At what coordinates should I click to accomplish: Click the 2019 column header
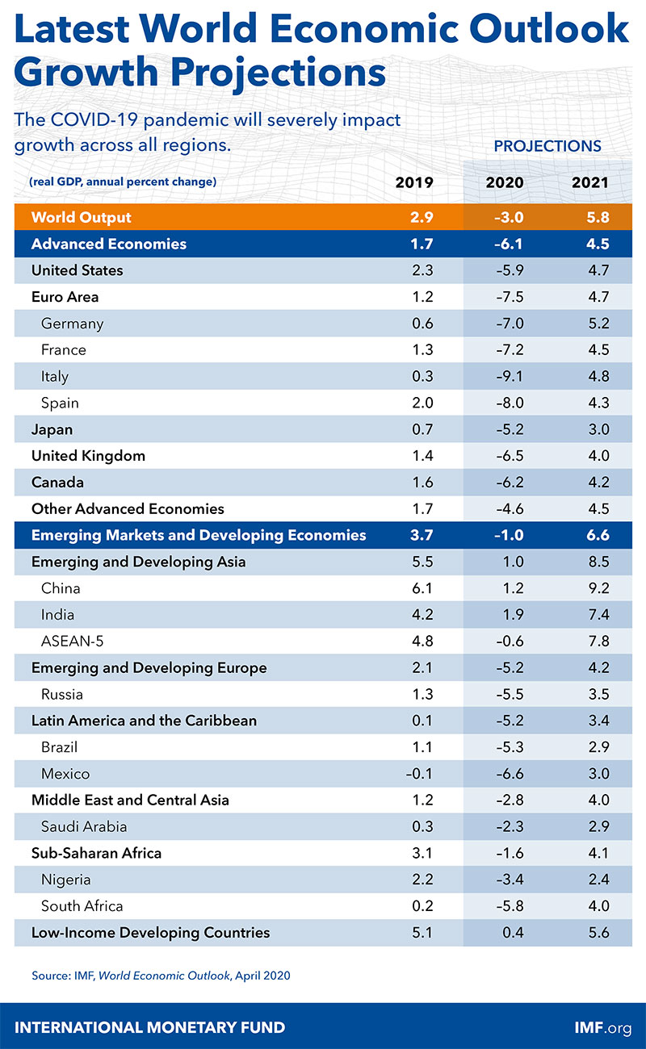tap(413, 182)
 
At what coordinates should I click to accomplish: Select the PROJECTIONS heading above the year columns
tap(547, 146)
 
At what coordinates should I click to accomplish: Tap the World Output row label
tap(81, 217)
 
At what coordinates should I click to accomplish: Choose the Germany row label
tap(73, 324)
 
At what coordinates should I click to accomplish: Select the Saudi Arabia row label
tap(84, 826)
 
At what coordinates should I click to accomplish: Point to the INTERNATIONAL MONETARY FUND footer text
tap(150, 1027)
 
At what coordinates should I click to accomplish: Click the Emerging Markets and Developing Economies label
tap(199, 535)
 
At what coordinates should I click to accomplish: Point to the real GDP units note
tap(123, 182)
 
